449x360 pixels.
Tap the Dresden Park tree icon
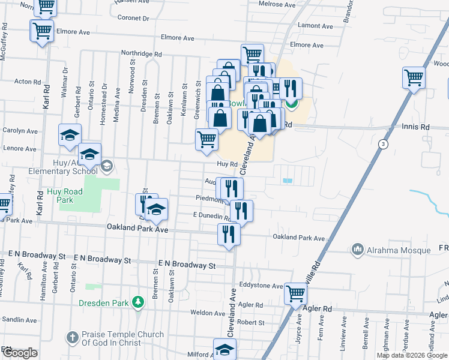pos(137,301)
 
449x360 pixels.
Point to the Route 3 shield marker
pos(383,144)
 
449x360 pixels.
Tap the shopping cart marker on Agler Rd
pos(295,293)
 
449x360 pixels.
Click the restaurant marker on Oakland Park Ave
pos(229,233)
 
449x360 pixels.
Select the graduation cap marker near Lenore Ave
pos(70,135)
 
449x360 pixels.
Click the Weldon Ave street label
pos(208,313)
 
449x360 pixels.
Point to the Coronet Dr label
pos(133,19)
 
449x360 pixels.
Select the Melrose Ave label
pos(277,4)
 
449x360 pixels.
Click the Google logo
pos(19,353)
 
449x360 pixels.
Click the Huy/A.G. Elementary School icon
pos(107,165)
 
